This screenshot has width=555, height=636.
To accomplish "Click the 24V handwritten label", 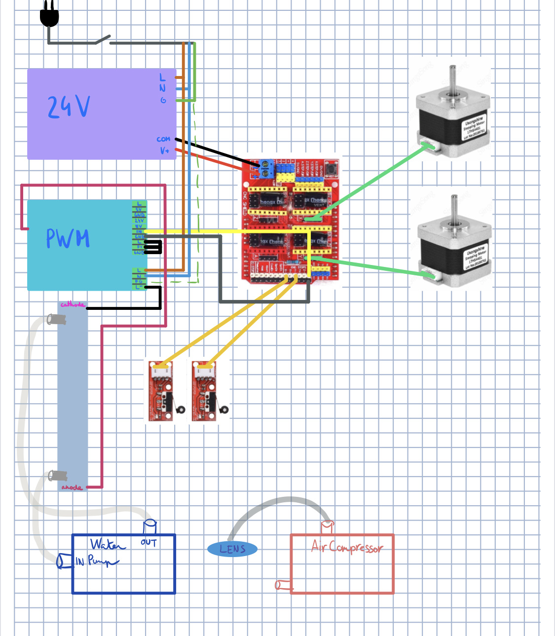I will click(69, 107).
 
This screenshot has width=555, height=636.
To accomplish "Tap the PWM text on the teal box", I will click(68, 238).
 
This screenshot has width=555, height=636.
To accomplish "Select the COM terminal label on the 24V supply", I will click(163, 140).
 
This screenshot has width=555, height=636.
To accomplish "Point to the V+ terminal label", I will click(164, 150).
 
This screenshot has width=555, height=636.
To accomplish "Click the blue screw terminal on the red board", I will click(266, 168).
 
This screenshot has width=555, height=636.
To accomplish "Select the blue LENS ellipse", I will click(232, 549).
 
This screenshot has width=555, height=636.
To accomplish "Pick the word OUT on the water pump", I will click(148, 543).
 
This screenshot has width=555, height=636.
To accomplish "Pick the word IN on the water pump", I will click(80, 561).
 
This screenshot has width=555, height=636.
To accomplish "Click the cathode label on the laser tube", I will click(73, 305).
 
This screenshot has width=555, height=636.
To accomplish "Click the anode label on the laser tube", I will click(72, 487).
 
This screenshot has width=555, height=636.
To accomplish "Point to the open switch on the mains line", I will click(103, 39).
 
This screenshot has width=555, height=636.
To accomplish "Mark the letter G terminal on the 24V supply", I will click(163, 100).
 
